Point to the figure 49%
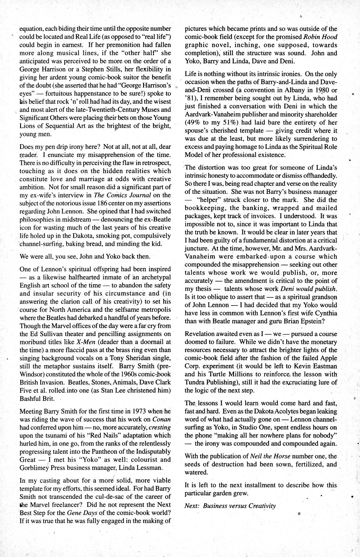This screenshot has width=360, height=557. point(196,122)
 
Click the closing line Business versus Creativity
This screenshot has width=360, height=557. point(239,506)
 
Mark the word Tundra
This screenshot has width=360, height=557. point(195,382)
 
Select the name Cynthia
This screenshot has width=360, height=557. point(325,313)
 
